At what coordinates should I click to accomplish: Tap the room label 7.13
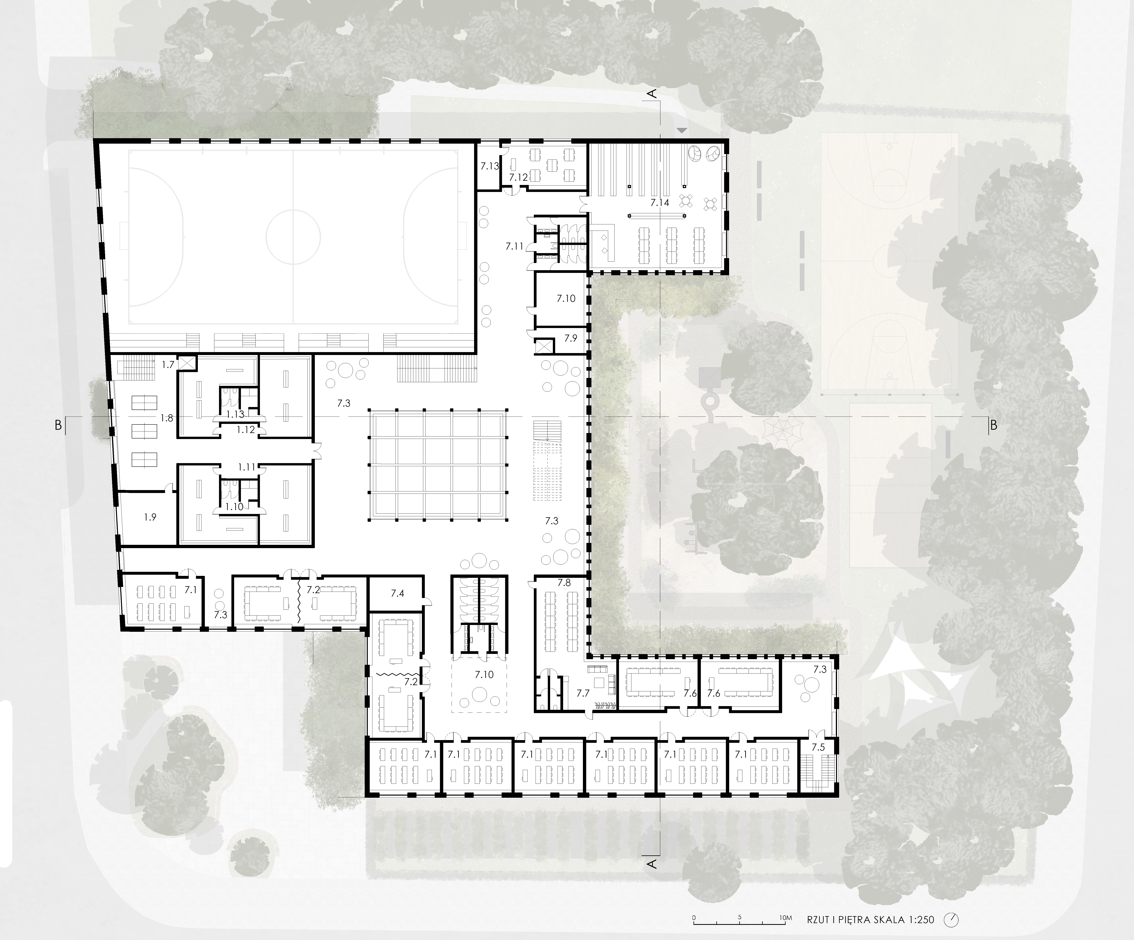pyautogui.click(x=490, y=166)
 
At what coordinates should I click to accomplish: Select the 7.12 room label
pyautogui.click(x=518, y=177)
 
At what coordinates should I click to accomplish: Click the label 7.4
pyautogui.click(x=397, y=593)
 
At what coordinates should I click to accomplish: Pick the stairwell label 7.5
pyautogui.click(x=818, y=747)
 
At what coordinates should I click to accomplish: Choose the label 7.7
pyautogui.click(x=583, y=693)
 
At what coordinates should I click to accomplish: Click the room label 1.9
pyautogui.click(x=150, y=517)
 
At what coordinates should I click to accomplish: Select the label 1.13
pyautogui.click(x=235, y=414)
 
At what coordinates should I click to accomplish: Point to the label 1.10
pyautogui.click(x=234, y=507)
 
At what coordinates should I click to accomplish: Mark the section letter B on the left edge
pyautogui.click(x=58, y=425)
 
